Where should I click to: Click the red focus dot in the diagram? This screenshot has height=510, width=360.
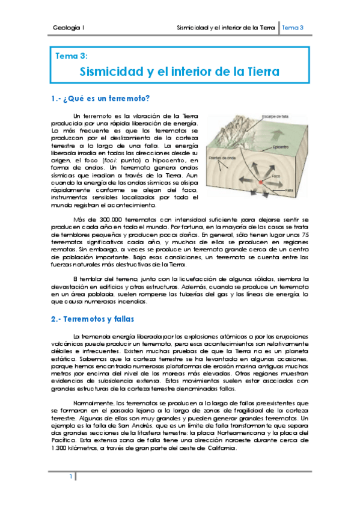pyautogui.click(x=261, y=182)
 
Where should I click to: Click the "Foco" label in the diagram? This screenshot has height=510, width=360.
pyautogui.click(x=276, y=176)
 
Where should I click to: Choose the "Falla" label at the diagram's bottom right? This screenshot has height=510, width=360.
pyautogui.click(x=289, y=190)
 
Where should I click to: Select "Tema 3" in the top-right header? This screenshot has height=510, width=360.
pyautogui.click(x=293, y=28)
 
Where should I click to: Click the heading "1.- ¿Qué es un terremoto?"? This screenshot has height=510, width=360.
pyautogui.click(x=101, y=99)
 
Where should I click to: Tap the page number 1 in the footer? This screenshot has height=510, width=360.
pyautogui.click(x=70, y=477)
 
